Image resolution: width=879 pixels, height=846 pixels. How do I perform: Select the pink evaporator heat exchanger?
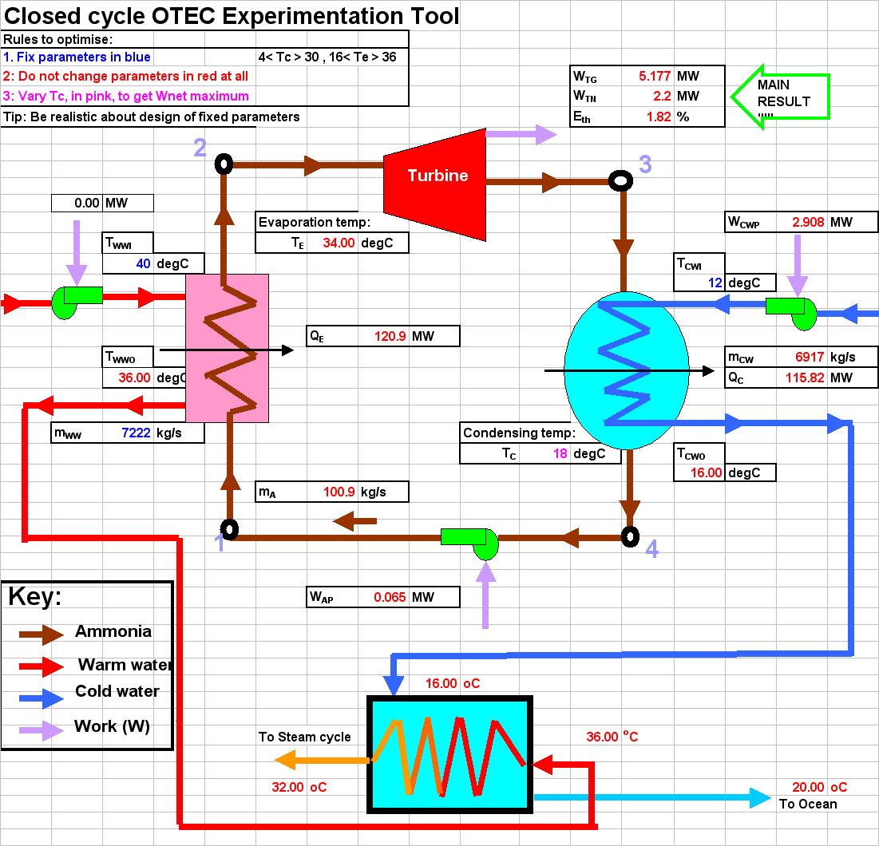pos(228,348)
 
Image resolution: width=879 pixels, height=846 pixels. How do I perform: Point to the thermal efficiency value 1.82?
pos(659,116)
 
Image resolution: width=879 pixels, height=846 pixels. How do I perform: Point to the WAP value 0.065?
pos(390,597)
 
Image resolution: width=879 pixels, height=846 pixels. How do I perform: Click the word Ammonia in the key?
pos(113,631)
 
